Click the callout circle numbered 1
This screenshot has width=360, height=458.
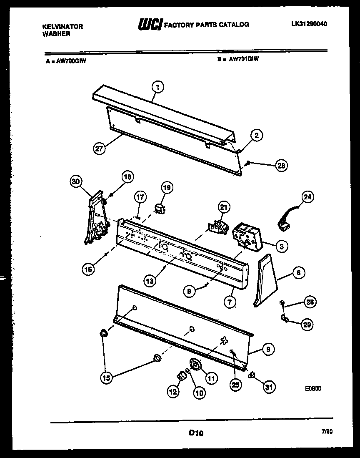157,87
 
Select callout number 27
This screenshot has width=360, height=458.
99,148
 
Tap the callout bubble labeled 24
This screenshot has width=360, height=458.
309,196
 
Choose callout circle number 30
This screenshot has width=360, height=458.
75,181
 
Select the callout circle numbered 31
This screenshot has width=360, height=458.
269,388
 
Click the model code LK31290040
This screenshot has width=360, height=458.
309,24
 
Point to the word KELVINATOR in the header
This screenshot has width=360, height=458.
62,26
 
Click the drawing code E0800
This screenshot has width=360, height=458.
312,388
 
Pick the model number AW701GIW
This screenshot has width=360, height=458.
243,59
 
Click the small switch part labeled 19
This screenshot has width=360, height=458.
158,208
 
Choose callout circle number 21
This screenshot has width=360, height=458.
224,206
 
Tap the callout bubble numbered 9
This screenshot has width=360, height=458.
269,350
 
